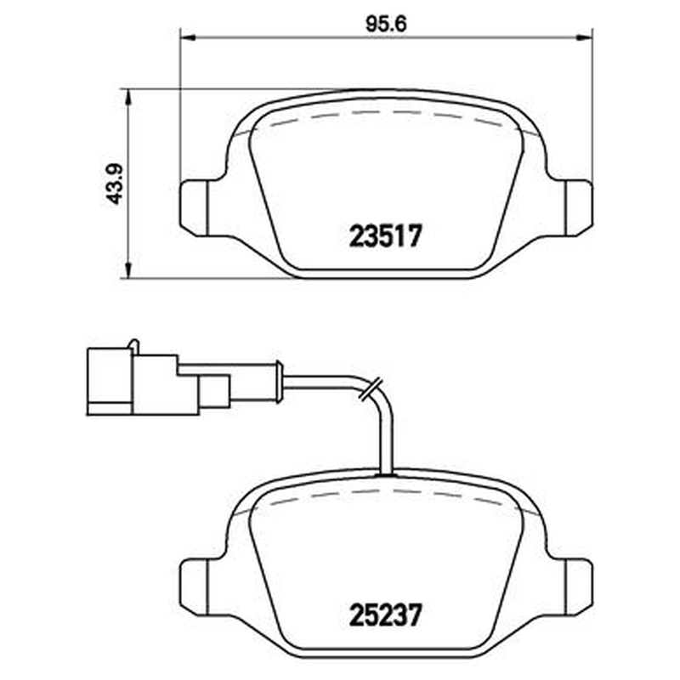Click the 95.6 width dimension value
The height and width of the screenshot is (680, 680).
386,25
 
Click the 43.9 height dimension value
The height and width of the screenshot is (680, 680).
116,184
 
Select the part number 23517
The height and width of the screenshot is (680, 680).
385,236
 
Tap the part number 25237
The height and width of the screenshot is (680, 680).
385,615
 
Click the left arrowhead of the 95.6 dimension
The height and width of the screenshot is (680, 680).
188,37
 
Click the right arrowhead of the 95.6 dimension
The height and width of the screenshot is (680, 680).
584,37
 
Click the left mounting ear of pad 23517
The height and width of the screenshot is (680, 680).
194,208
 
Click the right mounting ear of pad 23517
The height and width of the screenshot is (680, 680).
579,208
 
